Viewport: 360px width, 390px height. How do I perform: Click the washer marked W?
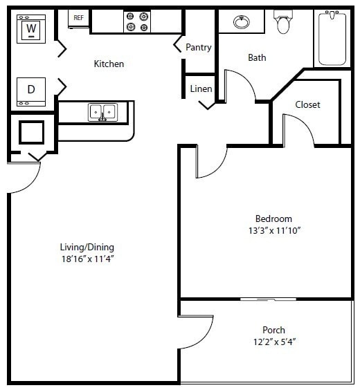30,29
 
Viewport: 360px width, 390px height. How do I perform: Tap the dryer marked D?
31,90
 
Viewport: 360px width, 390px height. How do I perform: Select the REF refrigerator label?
78,17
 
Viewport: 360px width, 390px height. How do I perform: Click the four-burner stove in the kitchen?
136,22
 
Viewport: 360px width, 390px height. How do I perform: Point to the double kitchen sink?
102,112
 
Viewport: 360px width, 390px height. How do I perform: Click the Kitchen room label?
109,64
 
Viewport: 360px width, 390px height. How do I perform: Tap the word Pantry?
199,48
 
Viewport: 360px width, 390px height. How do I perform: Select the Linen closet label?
201,89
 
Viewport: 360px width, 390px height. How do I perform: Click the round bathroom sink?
241,21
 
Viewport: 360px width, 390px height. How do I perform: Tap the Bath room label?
257,58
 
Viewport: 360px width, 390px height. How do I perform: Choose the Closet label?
307,105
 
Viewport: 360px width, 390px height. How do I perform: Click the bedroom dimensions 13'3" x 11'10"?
273,230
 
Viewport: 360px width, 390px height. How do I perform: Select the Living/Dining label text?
87,248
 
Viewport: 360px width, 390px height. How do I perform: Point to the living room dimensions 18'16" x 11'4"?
87,259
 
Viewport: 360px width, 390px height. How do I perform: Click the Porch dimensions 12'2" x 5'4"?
273,342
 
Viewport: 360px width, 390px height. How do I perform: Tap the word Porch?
273,330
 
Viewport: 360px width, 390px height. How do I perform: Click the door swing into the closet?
298,130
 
